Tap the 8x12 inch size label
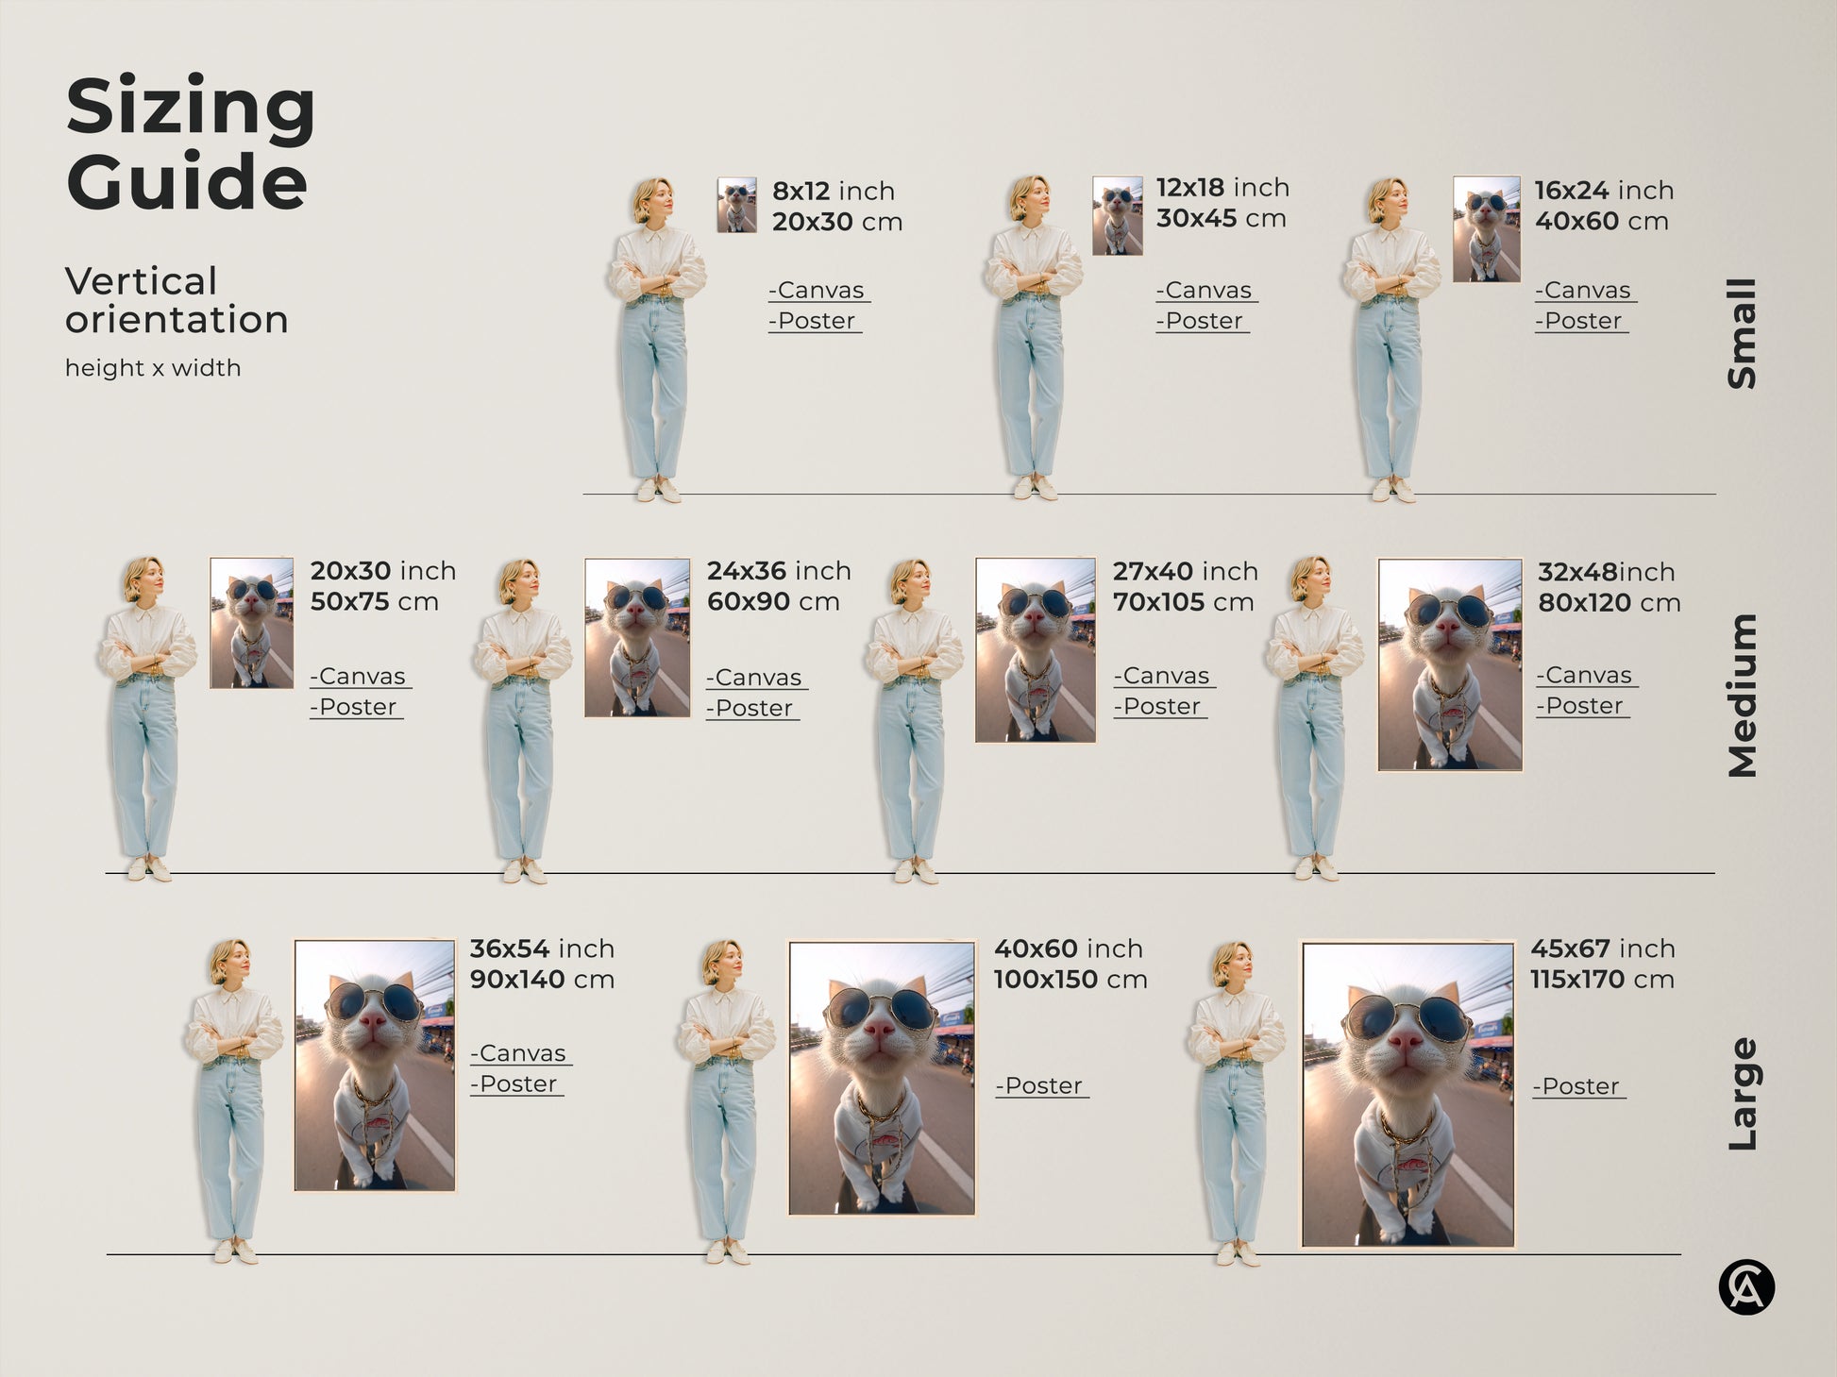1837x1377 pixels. click(x=833, y=191)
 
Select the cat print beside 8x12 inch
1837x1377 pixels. click(x=736, y=205)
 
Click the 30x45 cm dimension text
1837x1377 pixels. click(x=1221, y=219)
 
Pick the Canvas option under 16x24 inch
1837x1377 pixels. click(x=1585, y=291)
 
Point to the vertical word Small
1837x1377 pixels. click(x=1742, y=333)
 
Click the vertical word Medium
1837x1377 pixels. click(x=1742, y=696)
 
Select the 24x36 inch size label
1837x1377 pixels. click(x=779, y=571)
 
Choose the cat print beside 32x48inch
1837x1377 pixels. click(x=1449, y=664)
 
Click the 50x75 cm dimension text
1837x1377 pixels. click(x=374, y=602)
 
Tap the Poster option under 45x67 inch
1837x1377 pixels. click(x=1577, y=1086)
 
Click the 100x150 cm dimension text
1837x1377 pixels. click(x=1070, y=980)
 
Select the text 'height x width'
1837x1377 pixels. click(x=153, y=368)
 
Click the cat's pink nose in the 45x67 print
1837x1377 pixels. click(x=1406, y=1042)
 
